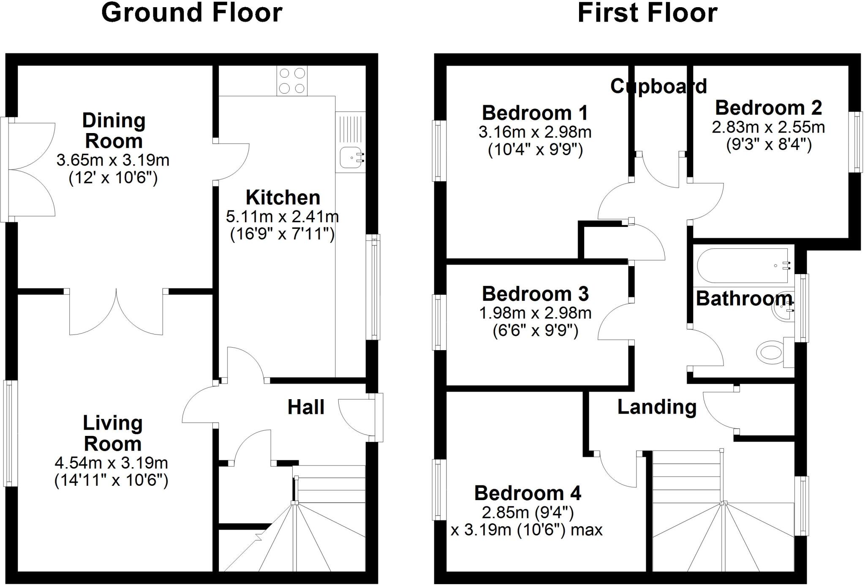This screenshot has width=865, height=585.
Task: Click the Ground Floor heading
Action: (192, 13)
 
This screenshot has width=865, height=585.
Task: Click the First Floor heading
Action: (647, 13)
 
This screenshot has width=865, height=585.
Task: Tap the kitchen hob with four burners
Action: (292, 81)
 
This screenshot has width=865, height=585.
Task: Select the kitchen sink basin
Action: (350, 157)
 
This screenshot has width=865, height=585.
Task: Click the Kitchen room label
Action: (283, 198)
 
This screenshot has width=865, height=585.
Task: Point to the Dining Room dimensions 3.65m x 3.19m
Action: (113, 160)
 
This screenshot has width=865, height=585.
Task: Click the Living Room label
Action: (112, 433)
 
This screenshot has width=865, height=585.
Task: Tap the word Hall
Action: (306, 407)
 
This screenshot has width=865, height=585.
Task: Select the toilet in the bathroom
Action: (771, 352)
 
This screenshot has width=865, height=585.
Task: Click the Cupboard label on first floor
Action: (658, 87)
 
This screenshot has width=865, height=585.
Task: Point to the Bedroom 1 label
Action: (535, 113)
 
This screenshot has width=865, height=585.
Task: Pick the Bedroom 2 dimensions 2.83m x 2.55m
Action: (768, 127)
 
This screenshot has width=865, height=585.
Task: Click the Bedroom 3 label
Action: (535, 294)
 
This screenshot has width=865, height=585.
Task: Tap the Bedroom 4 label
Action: (528, 493)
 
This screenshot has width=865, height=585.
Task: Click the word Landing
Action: (657, 407)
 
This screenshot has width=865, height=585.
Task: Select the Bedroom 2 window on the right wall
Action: (857, 142)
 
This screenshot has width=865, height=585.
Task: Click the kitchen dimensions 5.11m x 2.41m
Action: (282, 217)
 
